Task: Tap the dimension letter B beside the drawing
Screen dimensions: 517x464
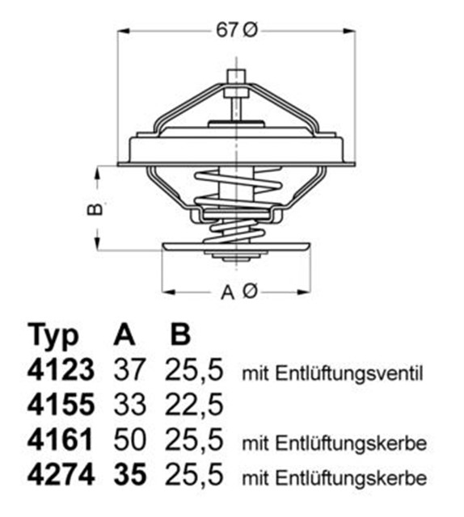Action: click(95, 208)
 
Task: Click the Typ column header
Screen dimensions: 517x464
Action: click(54, 334)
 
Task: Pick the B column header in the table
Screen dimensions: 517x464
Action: click(183, 334)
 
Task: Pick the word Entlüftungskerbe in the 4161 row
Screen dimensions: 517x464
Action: click(350, 443)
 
